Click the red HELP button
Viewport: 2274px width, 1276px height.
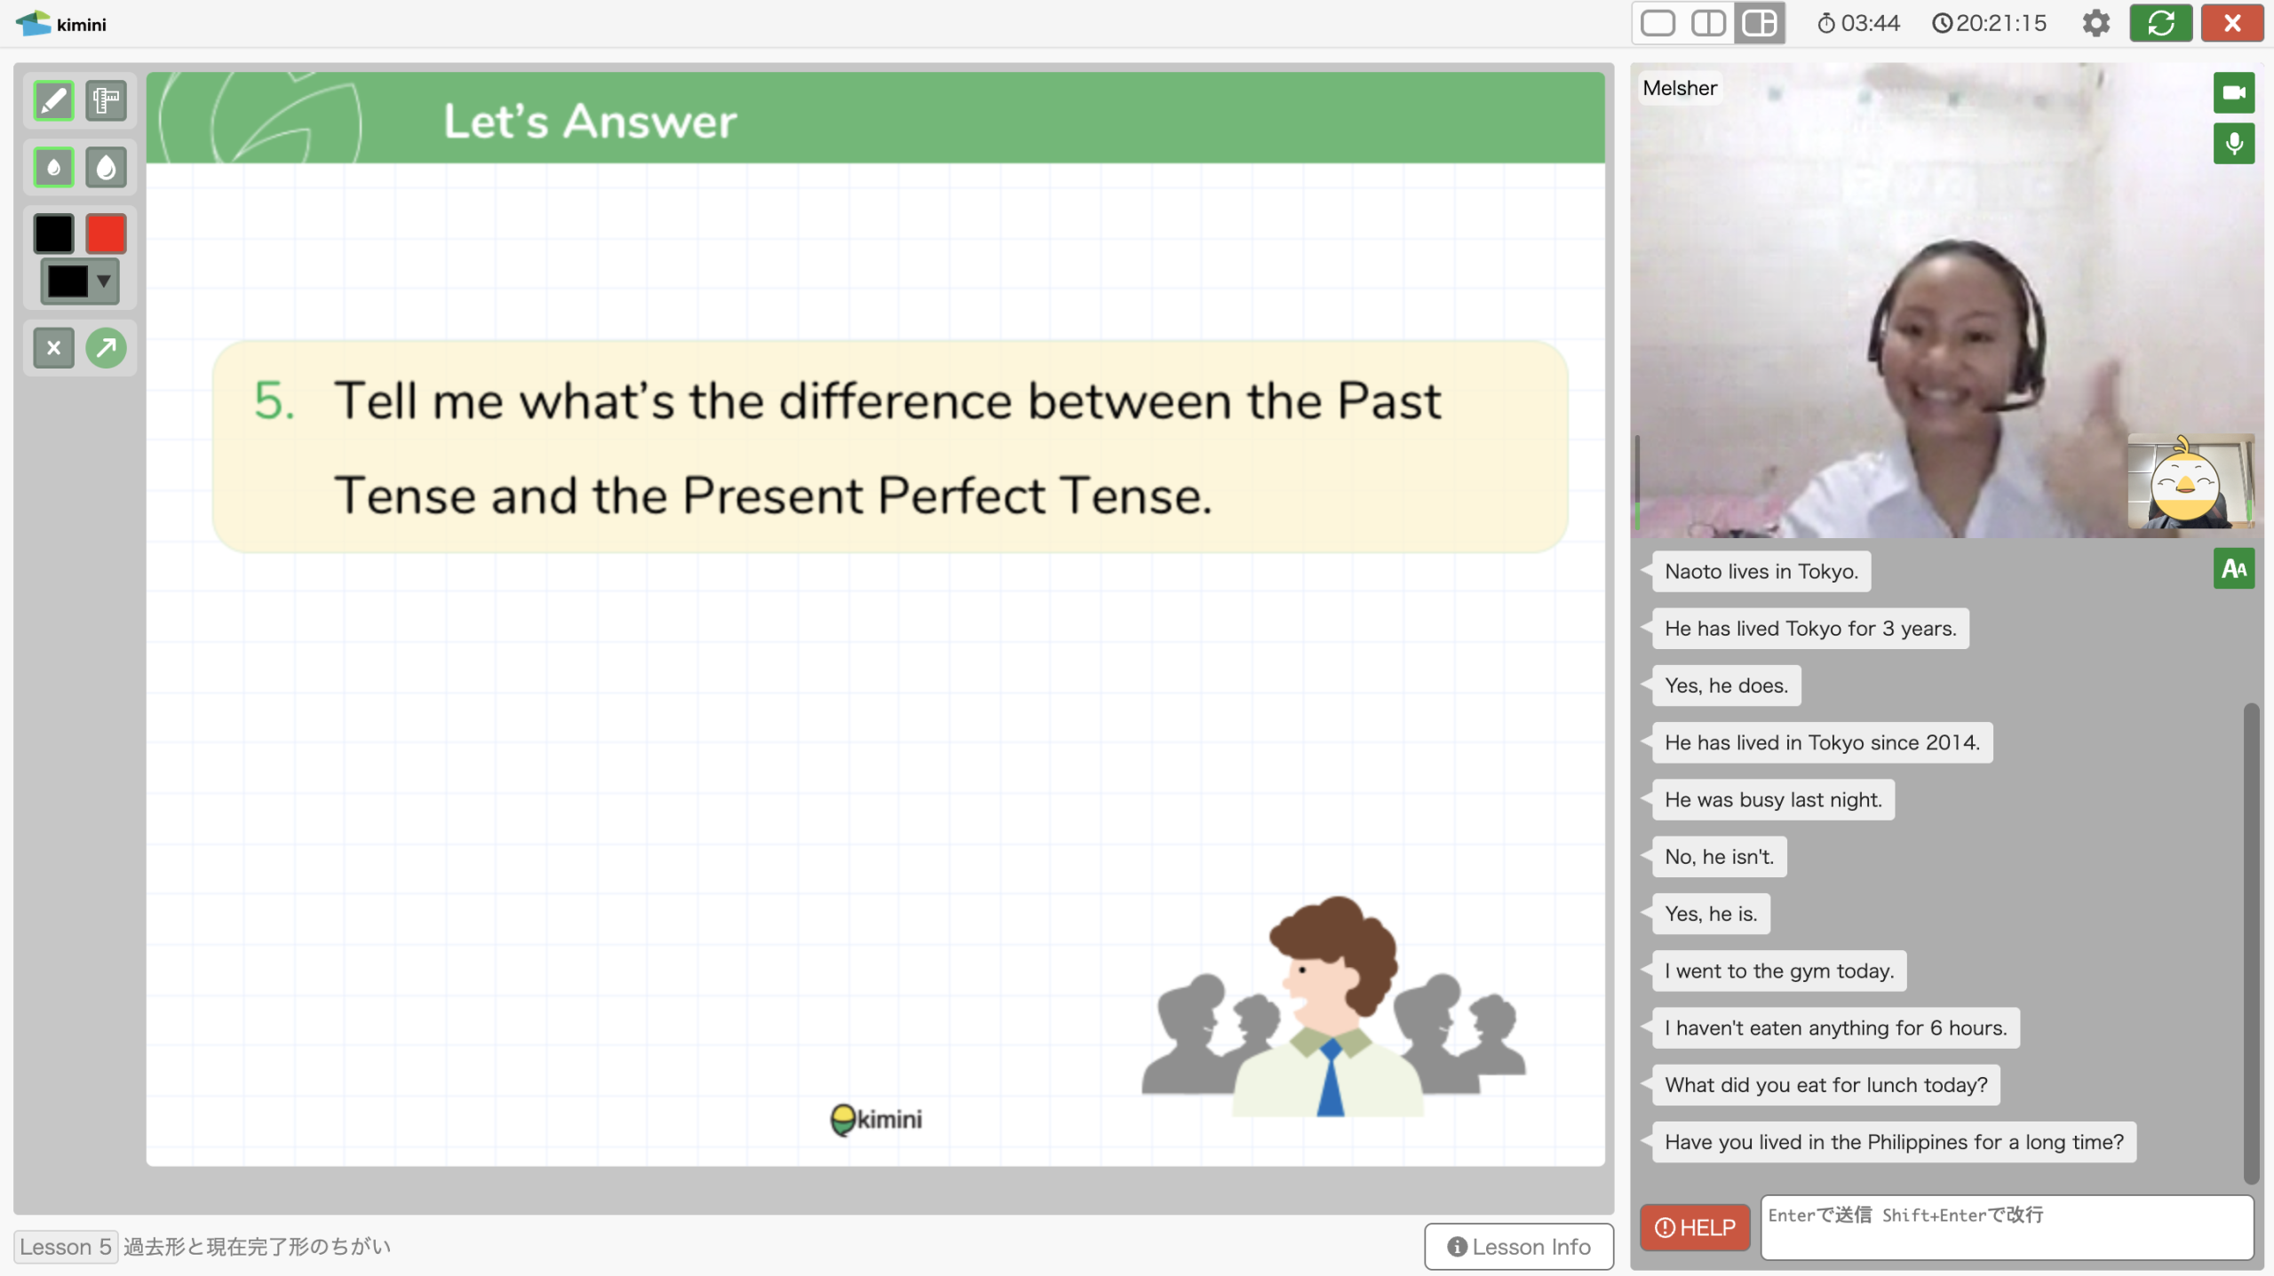click(x=1694, y=1227)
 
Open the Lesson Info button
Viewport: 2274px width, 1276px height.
click(x=1519, y=1247)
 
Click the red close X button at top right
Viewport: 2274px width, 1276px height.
click(x=2232, y=23)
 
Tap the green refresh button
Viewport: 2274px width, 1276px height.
click(x=2160, y=23)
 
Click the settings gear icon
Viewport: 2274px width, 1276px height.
click(x=2095, y=23)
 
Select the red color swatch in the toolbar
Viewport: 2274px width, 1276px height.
click(x=106, y=234)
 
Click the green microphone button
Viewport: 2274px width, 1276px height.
click(x=2233, y=143)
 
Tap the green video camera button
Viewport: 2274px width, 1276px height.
click(x=2233, y=92)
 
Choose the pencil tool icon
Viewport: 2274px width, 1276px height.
click(x=53, y=100)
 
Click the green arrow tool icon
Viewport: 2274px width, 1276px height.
click(x=106, y=347)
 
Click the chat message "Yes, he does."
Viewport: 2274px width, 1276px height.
click(x=1726, y=686)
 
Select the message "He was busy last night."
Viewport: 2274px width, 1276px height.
click(x=1773, y=799)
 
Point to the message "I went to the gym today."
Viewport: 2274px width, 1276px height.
click(x=1779, y=971)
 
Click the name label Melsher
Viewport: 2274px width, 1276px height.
click(x=1679, y=88)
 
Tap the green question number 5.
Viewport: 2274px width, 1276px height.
click(x=274, y=400)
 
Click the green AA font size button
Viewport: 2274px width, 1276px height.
click(x=2233, y=568)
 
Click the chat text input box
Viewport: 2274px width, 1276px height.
click(x=2007, y=1227)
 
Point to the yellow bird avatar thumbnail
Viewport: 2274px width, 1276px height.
click(x=2189, y=481)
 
